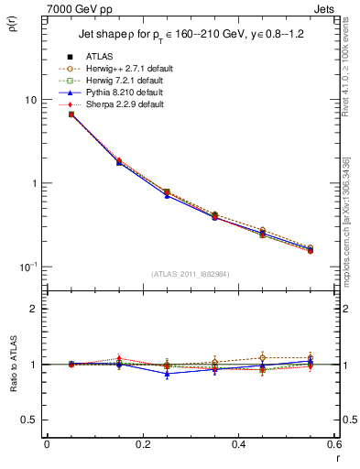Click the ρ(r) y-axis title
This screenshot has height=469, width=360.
point(12,25)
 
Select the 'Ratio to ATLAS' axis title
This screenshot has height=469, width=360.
point(12,365)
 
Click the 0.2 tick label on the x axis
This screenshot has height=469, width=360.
point(142,444)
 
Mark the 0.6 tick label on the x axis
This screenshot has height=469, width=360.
point(331,444)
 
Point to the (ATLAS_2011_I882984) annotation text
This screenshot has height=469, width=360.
point(190,275)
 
